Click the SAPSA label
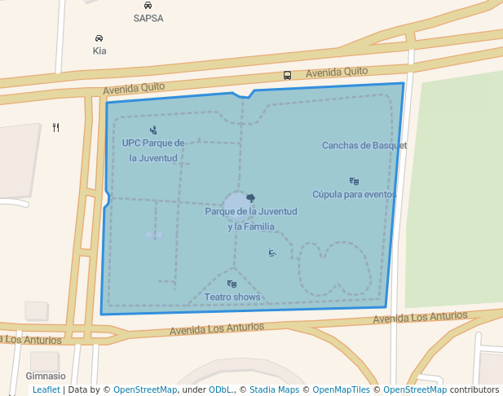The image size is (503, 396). pyautogui.click(x=148, y=18)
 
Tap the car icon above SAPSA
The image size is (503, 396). pyautogui.click(x=148, y=5)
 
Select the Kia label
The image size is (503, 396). pyautogui.click(x=99, y=51)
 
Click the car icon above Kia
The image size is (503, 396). pyautogui.click(x=99, y=38)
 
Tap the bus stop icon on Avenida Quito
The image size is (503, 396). pyautogui.click(x=287, y=75)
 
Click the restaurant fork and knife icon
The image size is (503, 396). pyautogui.click(x=55, y=127)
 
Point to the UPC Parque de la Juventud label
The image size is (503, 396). pyautogui.click(x=153, y=150)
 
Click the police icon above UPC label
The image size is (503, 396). pyautogui.click(x=153, y=130)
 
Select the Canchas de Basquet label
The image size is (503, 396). pyautogui.click(x=364, y=146)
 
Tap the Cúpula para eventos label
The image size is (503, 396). pyautogui.click(x=354, y=194)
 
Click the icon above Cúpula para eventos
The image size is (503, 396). pyautogui.click(x=354, y=181)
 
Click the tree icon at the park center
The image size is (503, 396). pyautogui.click(x=250, y=198)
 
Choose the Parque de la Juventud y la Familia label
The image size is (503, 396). pyautogui.click(x=251, y=218)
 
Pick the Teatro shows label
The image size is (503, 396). pyautogui.click(x=232, y=297)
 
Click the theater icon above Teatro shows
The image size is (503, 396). pyautogui.click(x=232, y=284)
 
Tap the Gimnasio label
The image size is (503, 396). pyautogui.click(x=46, y=376)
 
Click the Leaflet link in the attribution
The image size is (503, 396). pyautogui.click(x=46, y=389)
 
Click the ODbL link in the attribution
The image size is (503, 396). pyautogui.click(x=220, y=389)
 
